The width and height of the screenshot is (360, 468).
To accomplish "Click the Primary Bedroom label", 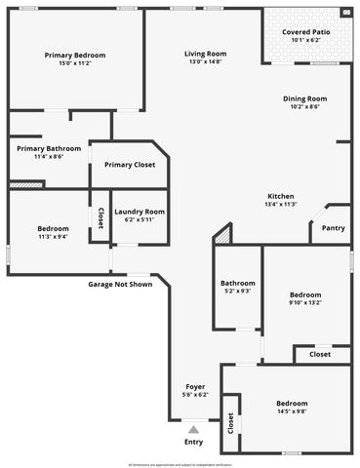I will (75, 56).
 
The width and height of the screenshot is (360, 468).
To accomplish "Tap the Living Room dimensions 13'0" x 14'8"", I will (206, 62).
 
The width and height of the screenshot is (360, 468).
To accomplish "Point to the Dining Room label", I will (304, 98).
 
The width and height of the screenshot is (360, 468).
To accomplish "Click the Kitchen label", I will (281, 196).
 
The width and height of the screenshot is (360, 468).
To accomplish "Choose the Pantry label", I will (334, 228).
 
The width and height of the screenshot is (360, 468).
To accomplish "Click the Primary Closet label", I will (130, 165).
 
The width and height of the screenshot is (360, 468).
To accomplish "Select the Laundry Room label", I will (140, 212).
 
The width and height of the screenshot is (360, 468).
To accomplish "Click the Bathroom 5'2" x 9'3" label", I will (237, 283).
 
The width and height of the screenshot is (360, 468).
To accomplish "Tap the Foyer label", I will (195, 387).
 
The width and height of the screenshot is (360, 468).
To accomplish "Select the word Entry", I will (194, 442).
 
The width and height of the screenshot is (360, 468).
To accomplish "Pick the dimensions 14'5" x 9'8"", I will (292, 411).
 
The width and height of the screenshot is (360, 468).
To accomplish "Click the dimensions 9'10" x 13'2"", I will (305, 302).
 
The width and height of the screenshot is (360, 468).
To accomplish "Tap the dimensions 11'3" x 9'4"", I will (53, 236).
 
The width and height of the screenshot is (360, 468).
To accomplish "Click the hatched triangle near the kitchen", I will (224, 235).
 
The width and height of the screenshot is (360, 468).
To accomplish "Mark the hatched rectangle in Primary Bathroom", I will (20, 183).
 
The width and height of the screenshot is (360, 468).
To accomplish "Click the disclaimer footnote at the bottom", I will (180, 464).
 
